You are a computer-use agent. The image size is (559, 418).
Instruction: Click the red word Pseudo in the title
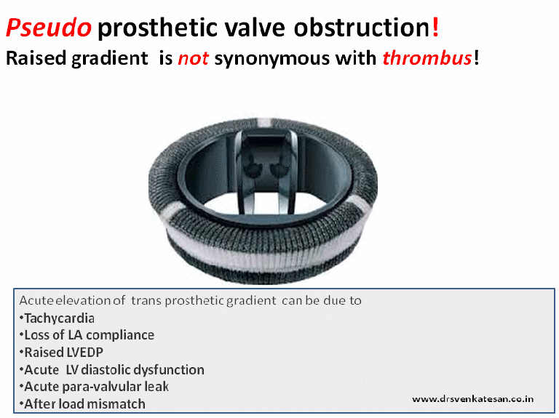point(48,28)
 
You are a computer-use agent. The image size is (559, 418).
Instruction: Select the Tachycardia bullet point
point(59,318)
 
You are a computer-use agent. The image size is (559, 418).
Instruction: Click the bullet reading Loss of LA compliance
point(88,335)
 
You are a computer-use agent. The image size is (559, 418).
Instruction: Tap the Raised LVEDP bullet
point(66,352)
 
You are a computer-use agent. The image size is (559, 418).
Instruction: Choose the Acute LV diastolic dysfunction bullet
point(114,369)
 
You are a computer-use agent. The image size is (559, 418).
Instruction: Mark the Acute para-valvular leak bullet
point(101,386)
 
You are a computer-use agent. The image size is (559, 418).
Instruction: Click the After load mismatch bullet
point(84,403)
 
